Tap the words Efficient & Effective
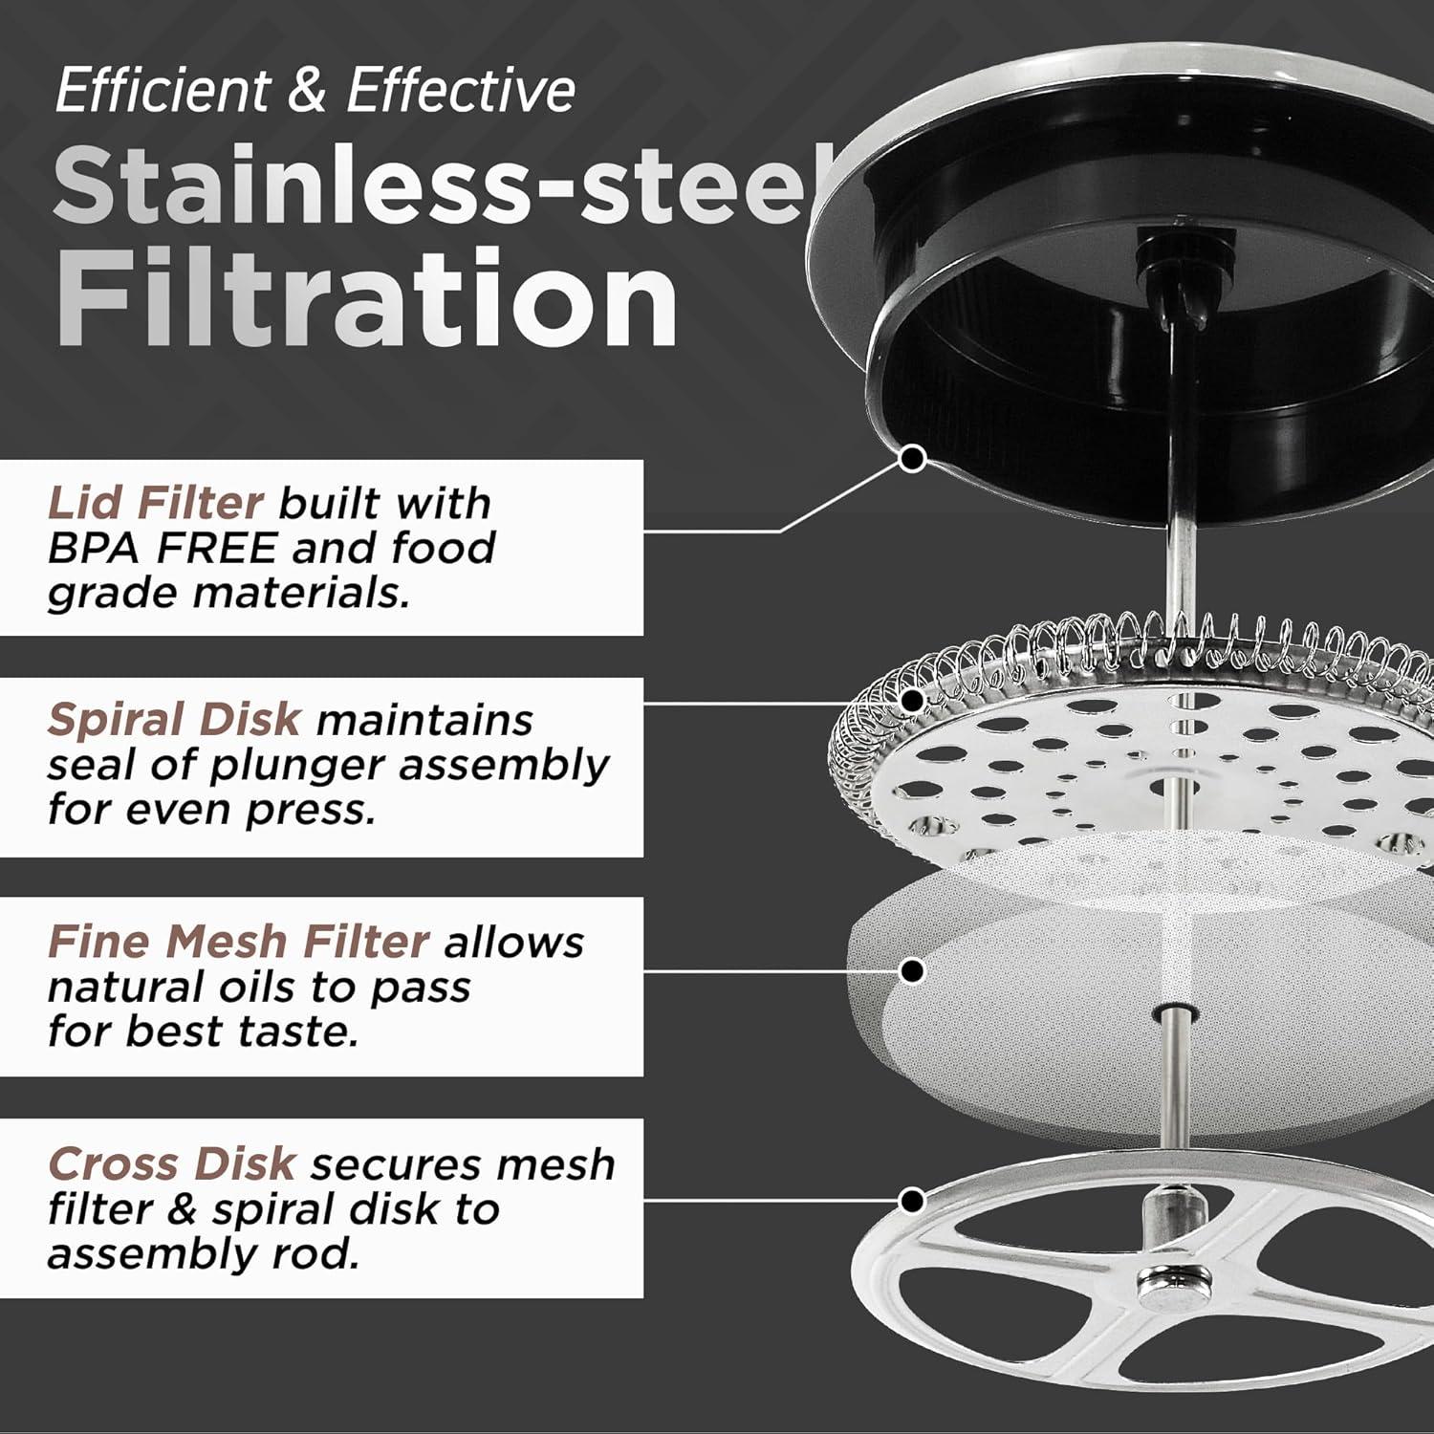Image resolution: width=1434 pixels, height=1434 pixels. click(x=315, y=91)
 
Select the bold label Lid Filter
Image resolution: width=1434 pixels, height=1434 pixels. click(x=155, y=503)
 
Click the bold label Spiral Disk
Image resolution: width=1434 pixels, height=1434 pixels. click(x=174, y=720)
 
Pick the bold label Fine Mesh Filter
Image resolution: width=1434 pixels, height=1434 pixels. click(x=238, y=943)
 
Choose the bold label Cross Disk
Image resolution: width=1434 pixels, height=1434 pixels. click(x=171, y=1164)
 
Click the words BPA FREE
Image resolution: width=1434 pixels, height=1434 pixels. click(x=163, y=548)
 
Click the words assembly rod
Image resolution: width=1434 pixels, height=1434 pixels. click(x=204, y=1254)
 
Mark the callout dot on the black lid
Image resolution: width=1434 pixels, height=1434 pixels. click(x=914, y=459)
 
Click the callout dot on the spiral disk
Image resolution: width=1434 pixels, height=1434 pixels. click(x=914, y=700)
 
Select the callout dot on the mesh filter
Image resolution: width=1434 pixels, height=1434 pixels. click(x=914, y=971)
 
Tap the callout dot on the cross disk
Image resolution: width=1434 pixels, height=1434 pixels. click(x=914, y=1199)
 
